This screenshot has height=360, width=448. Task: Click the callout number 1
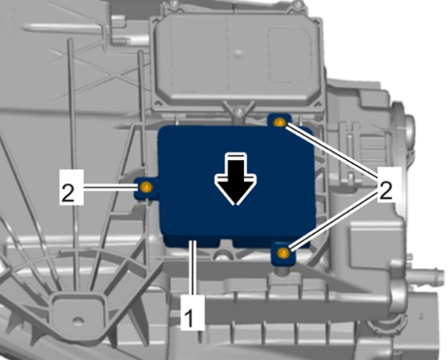coord(193,312)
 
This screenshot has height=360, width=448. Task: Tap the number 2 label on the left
coord(71,187)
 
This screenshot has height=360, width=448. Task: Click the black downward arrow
coord(236,179)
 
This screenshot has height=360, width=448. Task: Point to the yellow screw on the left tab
coord(146,187)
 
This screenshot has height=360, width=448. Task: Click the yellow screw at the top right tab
coord(279,122)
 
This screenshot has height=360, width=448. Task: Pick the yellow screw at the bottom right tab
coord(283,252)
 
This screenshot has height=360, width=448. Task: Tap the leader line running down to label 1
coord(194,268)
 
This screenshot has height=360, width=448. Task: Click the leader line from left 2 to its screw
coord(109,187)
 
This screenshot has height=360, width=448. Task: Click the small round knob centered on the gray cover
coord(238,53)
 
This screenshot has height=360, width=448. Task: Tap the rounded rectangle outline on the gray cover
coord(290,56)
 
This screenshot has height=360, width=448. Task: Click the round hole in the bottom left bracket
coord(78,321)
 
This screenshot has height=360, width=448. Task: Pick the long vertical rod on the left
coord(73,163)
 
